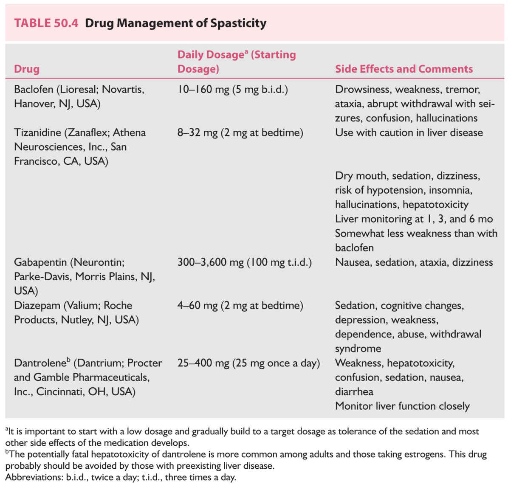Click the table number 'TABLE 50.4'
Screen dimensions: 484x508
tap(46, 23)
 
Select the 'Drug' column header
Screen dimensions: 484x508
tap(27, 69)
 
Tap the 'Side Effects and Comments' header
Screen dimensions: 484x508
tap(404, 69)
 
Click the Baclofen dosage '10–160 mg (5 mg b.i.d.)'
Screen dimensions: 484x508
tap(232, 90)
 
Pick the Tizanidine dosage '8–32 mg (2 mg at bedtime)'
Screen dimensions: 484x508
tap(240, 133)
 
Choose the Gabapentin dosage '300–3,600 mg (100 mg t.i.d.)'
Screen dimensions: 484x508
tap(244, 262)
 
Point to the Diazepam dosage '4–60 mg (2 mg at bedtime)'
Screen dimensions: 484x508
tap(240, 306)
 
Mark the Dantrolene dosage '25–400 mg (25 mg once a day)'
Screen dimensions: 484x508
tap(248, 363)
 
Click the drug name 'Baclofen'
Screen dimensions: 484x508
tap(34, 90)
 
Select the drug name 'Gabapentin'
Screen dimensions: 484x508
tap(40, 262)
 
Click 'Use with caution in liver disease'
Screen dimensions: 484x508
tap(409, 133)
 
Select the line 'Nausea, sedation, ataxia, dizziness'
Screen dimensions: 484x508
tap(414, 262)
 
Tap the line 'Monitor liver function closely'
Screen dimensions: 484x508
tap(402, 406)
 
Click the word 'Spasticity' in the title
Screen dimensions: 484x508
tap(238, 23)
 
